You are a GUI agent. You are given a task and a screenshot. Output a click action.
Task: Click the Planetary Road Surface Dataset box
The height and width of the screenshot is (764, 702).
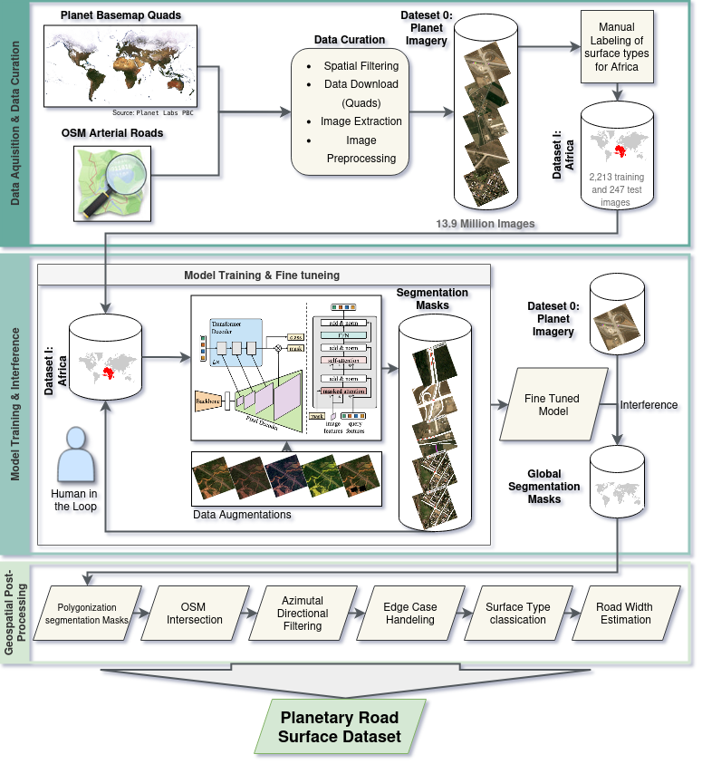[339, 725]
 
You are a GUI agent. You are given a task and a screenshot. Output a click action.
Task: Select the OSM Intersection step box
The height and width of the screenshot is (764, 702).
[194, 614]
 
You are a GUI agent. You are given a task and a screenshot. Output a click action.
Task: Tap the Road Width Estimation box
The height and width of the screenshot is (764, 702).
[625, 614]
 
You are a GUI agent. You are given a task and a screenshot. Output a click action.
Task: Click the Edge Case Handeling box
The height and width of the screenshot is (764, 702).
[409, 614]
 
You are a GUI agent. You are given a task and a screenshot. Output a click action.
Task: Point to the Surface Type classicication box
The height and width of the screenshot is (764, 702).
[517, 614]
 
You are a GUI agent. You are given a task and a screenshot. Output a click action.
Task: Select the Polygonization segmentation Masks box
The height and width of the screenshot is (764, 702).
[87, 614]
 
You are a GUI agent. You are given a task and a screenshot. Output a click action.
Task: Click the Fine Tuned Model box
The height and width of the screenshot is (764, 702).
[553, 404]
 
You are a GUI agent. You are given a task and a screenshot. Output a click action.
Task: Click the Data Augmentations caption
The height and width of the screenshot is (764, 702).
[243, 515]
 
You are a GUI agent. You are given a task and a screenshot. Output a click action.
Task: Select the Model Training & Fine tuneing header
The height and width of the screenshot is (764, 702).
[263, 275]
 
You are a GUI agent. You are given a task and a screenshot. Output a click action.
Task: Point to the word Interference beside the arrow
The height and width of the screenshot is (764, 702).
[649, 404]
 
